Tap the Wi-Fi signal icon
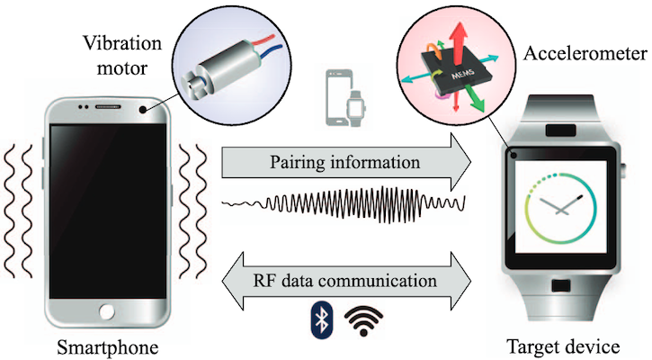click(363, 319)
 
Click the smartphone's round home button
click(109, 311)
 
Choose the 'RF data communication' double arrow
click(347, 280)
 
